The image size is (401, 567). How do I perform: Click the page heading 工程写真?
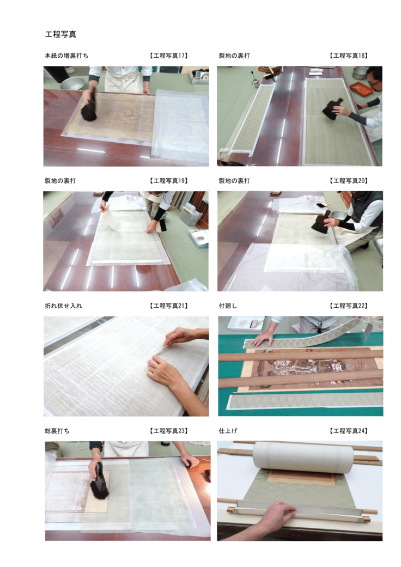tap(60, 34)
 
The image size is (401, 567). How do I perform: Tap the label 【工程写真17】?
tap(168, 56)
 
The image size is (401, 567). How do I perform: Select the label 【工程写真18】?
tap(348, 56)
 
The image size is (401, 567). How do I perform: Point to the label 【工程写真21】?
tap(168, 306)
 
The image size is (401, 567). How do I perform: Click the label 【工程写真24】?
tap(348, 431)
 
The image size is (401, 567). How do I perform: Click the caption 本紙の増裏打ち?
tap(66, 56)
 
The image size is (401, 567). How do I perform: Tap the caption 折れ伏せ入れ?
tap(63, 306)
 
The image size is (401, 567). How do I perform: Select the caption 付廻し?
tap(228, 306)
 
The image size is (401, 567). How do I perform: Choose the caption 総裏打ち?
tap(57, 431)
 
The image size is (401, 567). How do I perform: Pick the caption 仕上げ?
tap(228, 431)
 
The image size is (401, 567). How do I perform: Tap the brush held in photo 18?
tap(330, 110)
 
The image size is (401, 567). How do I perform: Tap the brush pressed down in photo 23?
tap(99, 483)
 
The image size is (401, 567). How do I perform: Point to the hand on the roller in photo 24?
tap(276, 516)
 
